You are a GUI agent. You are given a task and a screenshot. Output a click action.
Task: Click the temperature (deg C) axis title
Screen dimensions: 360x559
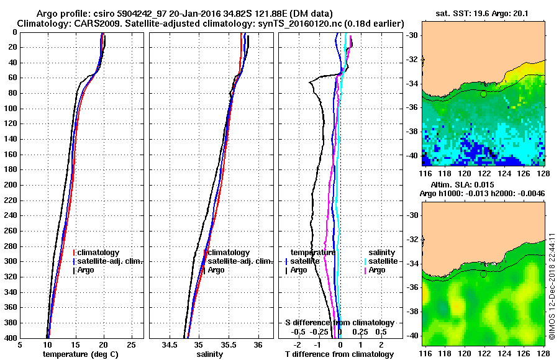[x=80, y=354]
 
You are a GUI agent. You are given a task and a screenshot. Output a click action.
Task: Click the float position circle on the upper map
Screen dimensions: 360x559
[x=483, y=94]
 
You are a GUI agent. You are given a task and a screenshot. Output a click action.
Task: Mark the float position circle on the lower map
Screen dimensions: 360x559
[x=483, y=274]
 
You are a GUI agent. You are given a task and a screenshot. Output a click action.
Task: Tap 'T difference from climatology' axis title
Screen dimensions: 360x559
[x=340, y=354]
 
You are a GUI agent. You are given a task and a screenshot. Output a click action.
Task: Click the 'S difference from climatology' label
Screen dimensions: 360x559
[x=340, y=323]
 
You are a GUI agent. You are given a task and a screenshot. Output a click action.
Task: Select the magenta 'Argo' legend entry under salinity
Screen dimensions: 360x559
[x=377, y=270]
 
